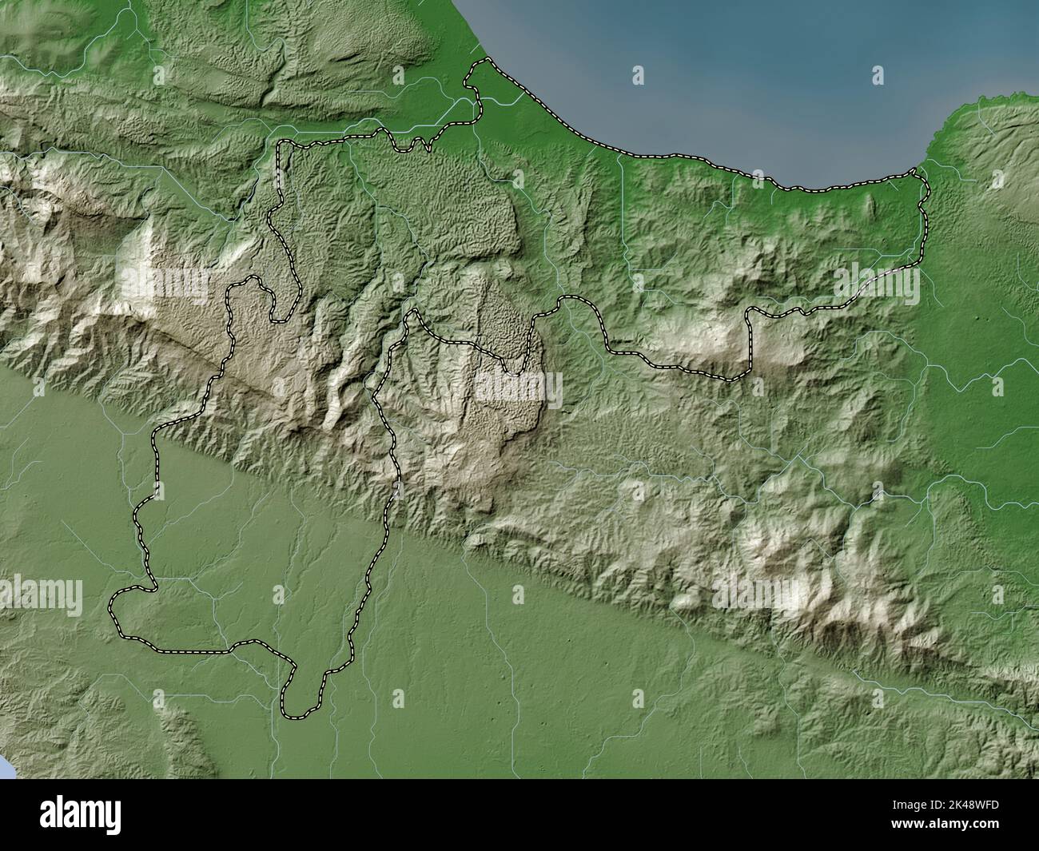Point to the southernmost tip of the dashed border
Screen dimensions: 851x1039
point(296,714)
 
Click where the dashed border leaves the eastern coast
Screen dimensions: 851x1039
point(917,171)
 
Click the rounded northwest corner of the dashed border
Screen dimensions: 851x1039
point(282,144)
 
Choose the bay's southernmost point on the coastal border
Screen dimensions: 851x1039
point(807,191)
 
